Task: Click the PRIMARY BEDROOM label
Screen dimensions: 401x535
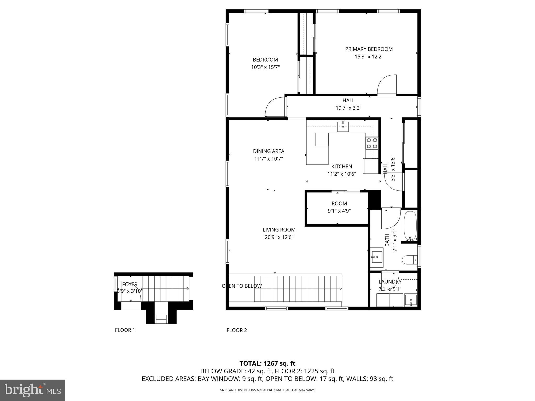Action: click(369, 49)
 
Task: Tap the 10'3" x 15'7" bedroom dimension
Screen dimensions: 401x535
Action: click(265, 67)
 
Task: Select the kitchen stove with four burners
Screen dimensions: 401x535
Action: click(372, 143)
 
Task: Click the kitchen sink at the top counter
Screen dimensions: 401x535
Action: click(343, 127)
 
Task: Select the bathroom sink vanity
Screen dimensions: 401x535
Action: click(377, 257)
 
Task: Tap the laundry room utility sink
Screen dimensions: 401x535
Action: click(411, 300)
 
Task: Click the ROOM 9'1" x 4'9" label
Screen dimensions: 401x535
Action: click(339, 207)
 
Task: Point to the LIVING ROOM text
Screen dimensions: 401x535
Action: click(279, 230)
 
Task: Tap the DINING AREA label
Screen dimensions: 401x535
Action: click(269, 151)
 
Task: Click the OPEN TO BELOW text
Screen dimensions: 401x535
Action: click(242, 286)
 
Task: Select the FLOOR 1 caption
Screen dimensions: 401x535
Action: click(125, 330)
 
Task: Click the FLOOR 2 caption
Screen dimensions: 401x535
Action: click(237, 330)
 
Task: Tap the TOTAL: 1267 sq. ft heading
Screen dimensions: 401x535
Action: click(267, 363)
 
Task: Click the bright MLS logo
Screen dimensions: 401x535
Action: click(33, 390)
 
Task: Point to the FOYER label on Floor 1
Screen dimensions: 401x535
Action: click(130, 285)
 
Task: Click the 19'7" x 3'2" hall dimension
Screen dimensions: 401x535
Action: click(348, 108)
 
